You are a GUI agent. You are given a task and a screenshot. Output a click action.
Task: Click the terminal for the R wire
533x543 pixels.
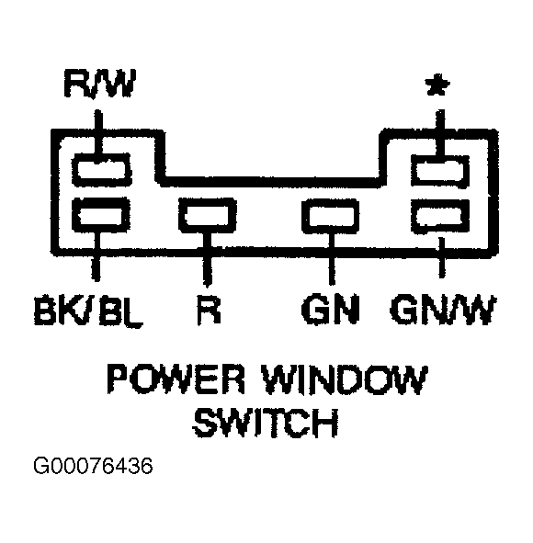click(x=207, y=217)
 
